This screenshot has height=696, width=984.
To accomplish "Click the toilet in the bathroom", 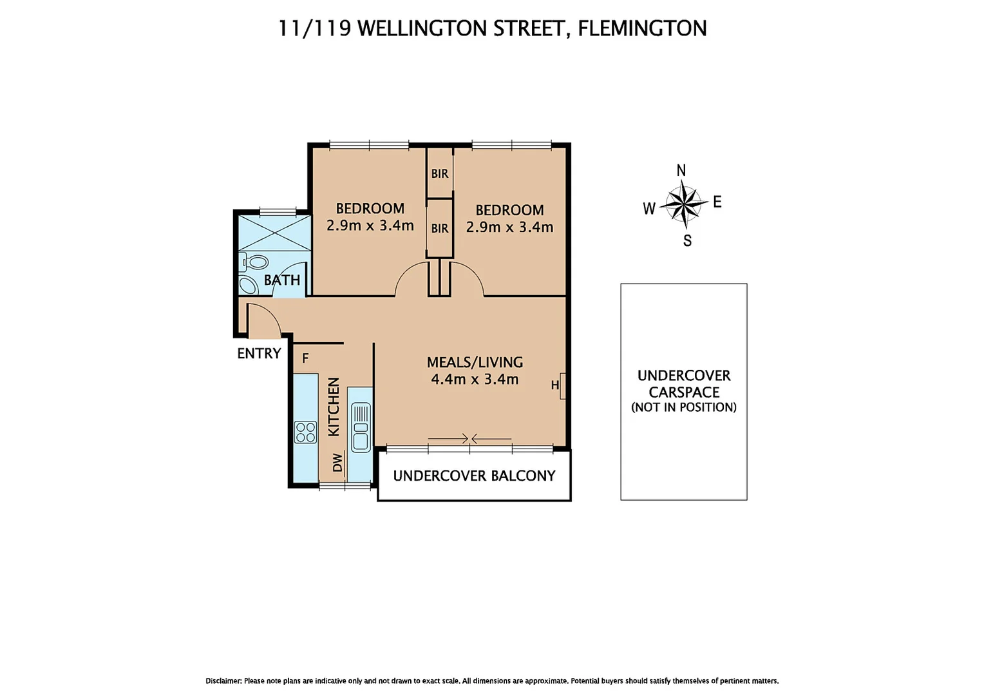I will coord(255,262).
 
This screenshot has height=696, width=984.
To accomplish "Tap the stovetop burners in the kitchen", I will coord(305,432).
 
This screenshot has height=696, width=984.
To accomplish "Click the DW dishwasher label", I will coord(337,462).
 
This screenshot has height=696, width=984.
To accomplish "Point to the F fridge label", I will coord(305,358).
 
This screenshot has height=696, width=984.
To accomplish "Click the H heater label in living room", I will coord(554,385).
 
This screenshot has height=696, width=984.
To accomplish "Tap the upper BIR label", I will coord(440,174).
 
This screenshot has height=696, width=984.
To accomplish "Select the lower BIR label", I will coord(440,229).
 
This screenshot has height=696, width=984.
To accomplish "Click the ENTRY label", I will coord(259,353).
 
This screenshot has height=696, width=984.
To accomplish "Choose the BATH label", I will coord(282,280).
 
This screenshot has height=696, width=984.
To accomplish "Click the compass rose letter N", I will coord(681,171).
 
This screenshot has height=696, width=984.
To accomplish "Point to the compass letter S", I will coord(687,241).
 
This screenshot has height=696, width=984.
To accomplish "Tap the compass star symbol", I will coord(683,203).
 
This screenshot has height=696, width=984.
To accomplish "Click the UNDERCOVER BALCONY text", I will coord(474,476).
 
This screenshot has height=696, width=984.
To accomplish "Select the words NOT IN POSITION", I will coord(683,407).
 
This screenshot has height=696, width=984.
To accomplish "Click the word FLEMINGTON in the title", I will coord(642,28).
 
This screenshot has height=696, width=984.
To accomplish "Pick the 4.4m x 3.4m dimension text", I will coord(475,380).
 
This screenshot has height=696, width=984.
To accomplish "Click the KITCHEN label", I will coord(334,407).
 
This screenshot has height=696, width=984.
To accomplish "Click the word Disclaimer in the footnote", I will coord(223,681).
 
